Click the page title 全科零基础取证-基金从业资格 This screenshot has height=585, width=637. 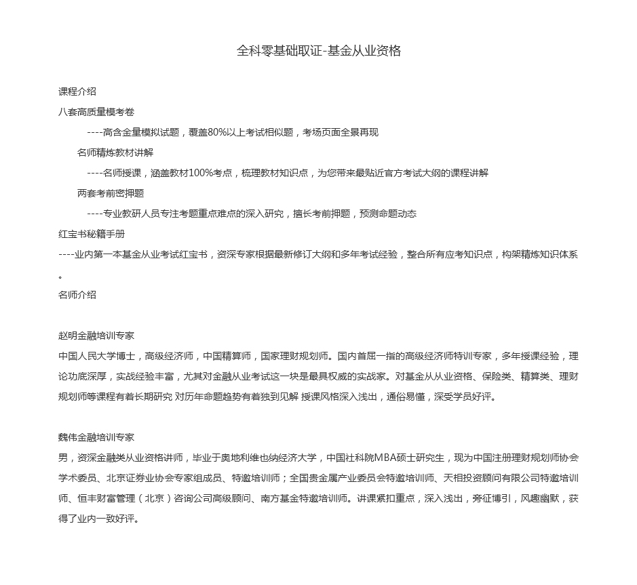tap(318, 51)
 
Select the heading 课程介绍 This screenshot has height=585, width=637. tap(77, 92)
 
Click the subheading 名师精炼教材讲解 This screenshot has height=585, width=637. tap(115, 153)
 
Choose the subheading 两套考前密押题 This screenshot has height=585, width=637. tap(111, 193)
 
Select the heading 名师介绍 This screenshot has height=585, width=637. tap(77, 295)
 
